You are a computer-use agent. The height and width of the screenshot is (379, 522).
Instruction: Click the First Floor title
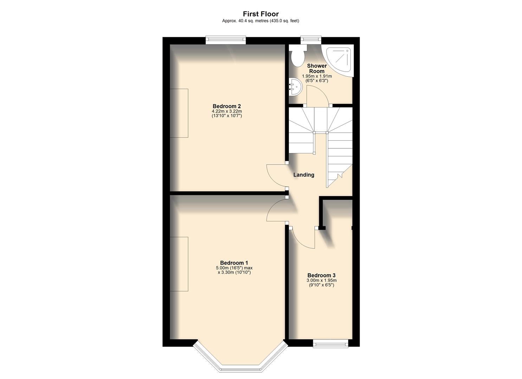point(260,14)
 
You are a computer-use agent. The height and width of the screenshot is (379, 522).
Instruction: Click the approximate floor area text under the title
point(260,21)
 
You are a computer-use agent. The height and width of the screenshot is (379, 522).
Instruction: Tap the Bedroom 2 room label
point(227,106)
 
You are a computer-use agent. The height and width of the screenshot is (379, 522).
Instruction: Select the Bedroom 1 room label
point(234,263)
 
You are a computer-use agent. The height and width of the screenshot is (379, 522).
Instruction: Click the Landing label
point(304,175)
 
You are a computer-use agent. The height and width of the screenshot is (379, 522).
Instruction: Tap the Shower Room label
point(317,68)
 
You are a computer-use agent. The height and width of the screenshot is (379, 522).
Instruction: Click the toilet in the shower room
point(297,56)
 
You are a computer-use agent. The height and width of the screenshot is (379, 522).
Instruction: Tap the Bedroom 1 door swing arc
point(276,211)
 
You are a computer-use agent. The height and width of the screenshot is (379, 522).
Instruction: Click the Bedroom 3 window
point(330,343)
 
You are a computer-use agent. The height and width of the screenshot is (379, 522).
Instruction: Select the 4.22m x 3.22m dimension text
point(227,112)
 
